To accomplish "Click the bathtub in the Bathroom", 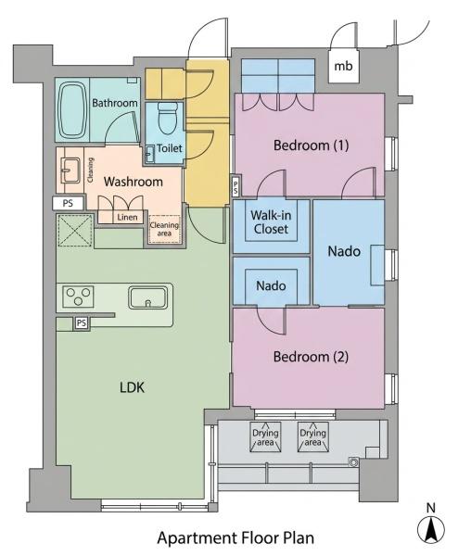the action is pyautogui.click(x=72, y=110).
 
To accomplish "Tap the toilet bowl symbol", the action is pyautogui.click(x=168, y=119).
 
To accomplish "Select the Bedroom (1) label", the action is pyautogui.click(x=311, y=145).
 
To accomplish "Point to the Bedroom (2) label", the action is pyautogui.click(x=311, y=357).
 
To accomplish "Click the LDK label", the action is pyautogui.click(x=132, y=387).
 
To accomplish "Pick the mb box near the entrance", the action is pyautogui.click(x=343, y=66).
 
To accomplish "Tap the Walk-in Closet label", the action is pyautogui.click(x=272, y=222).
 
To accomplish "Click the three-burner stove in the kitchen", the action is pyautogui.click(x=79, y=297).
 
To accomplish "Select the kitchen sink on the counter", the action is pyautogui.click(x=147, y=297).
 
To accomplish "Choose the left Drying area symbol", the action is pyautogui.click(x=265, y=436).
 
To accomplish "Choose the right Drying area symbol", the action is pyautogui.click(x=312, y=436).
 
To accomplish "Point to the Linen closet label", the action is pyautogui.click(x=127, y=217).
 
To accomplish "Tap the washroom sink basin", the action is pyautogui.click(x=70, y=171).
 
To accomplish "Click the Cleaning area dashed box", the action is pyautogui.click(x=164, y=229).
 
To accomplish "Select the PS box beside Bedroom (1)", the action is pyautogui.click(x=236, y=186).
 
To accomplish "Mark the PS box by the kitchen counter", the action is pyautogui.click(x=82, y=323).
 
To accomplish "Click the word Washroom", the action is pyautogui.click(x=134, y=182).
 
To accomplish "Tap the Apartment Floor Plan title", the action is pyautogui.click(x=235, y=537).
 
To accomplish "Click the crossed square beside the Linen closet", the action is pyautogui.click(x=75, y=231).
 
